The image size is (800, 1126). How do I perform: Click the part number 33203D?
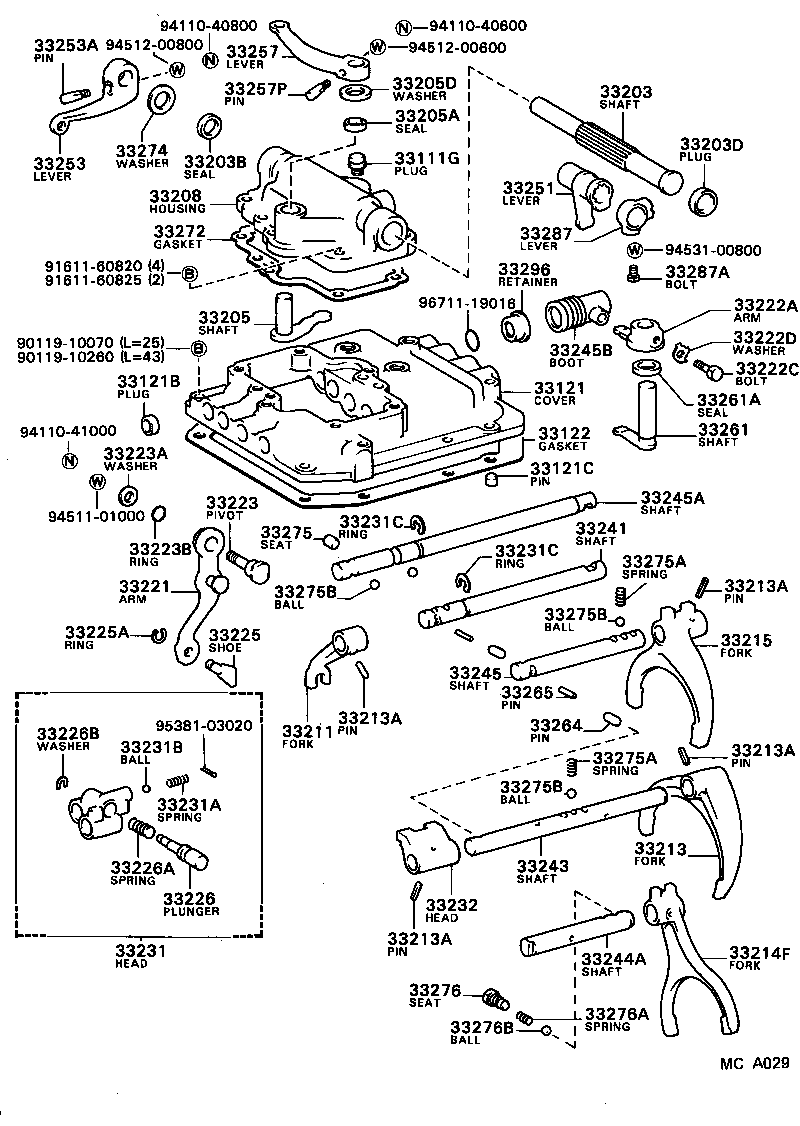(x=712, y=145)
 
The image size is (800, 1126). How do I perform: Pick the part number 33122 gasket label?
(x=563, y=433)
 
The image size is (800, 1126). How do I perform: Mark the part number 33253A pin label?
(x=66, y=45)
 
